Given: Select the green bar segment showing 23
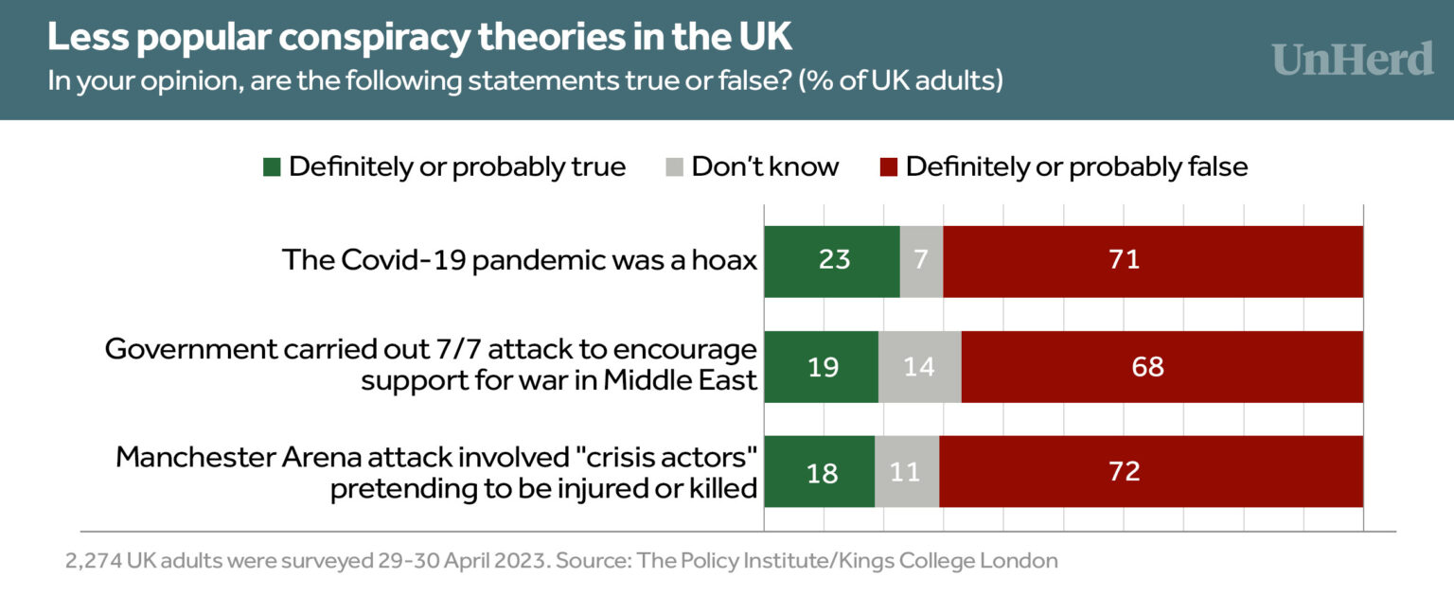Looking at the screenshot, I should (831, 262).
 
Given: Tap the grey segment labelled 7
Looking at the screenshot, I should (921, 262).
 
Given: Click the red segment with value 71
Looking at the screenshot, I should (1152, 262).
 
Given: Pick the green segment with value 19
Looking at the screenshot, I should (821, 367).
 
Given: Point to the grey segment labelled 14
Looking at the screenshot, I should (919, 367).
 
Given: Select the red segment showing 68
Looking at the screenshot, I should (1161, 367).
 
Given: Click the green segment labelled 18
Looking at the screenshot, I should (819, 472).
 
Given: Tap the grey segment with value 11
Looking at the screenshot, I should (907, 472).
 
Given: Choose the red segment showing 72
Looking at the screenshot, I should (1150, 472).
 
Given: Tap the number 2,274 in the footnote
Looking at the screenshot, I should (93, 560).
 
